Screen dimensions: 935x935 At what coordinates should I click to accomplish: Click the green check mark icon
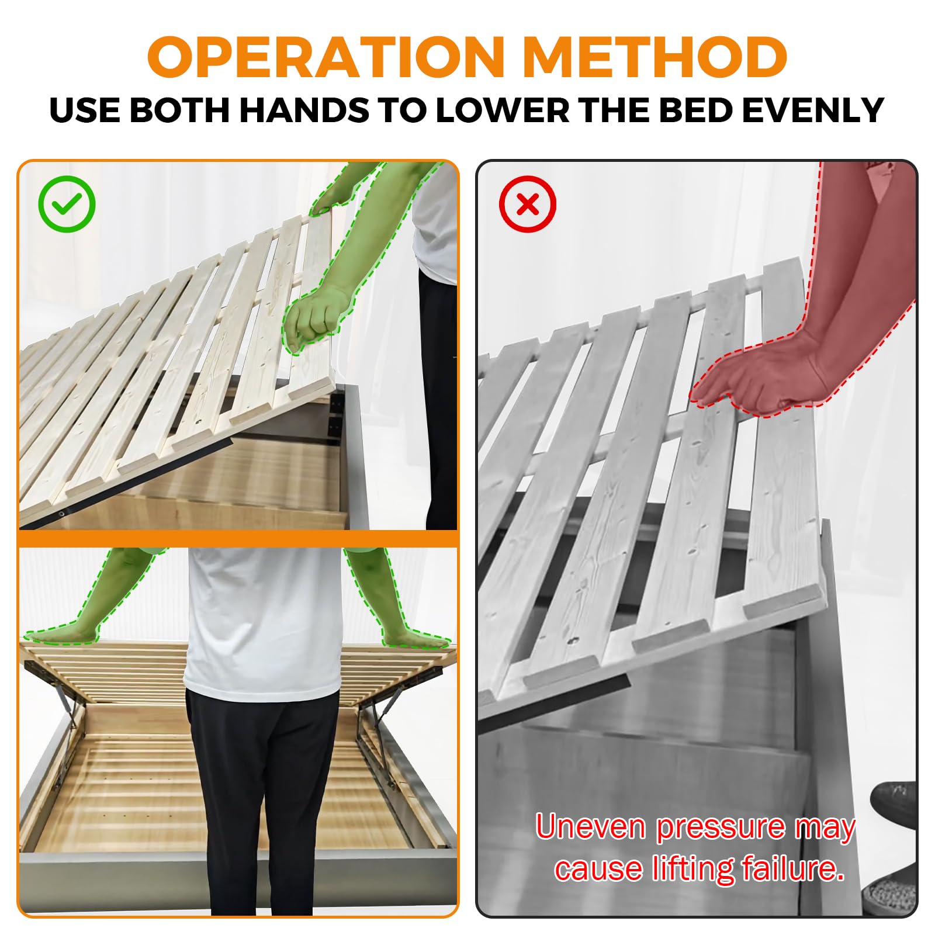pos(67,204)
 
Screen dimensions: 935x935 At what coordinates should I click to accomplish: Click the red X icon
pos(528,204)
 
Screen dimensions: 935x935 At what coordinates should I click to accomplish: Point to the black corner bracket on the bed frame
pos(337,411)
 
